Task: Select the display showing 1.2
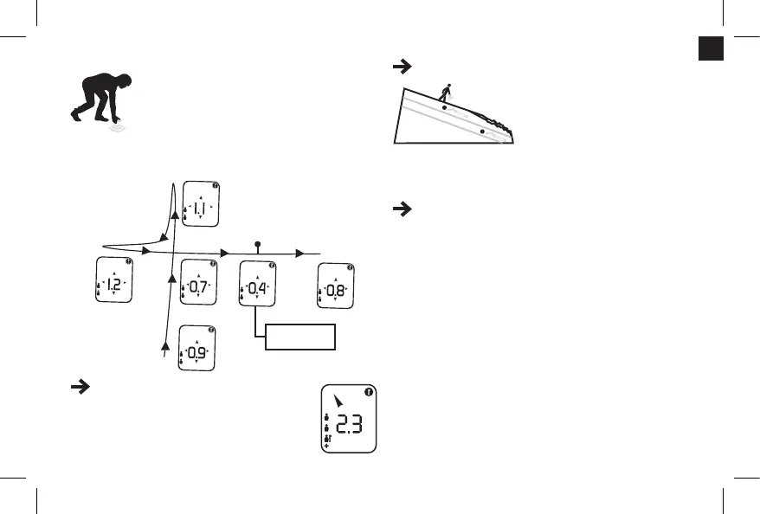113,280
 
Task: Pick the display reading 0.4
257,283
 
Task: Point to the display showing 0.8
337,287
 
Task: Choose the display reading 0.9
196,348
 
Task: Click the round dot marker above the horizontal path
257,244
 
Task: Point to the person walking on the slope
448,91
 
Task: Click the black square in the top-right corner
711,50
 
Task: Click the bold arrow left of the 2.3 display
75,390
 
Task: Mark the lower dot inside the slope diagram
482,132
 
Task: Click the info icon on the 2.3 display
369,391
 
